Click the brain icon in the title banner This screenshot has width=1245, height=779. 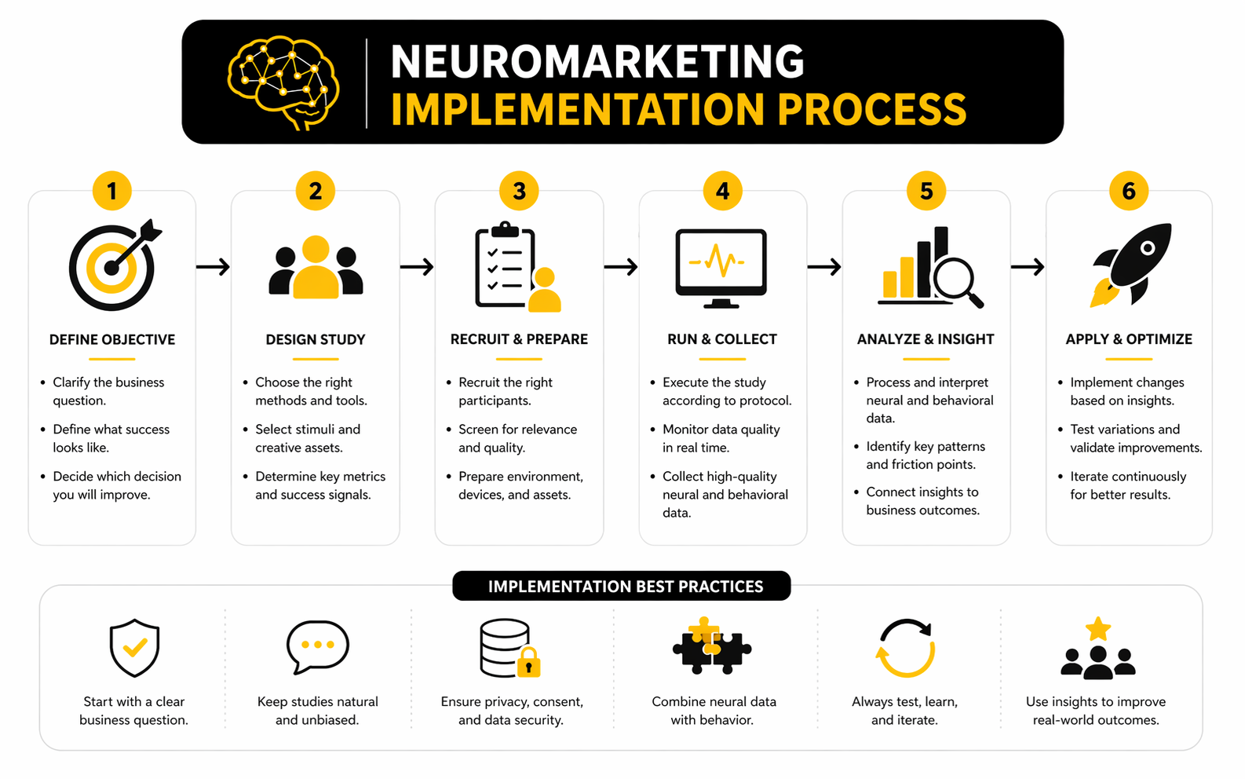pos(283,82)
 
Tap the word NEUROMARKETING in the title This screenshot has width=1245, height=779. pos(597,61)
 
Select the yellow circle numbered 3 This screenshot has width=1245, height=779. pos(519,191)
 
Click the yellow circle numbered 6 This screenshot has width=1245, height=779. pos(1129,191)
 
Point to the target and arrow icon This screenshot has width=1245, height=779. pos(115,265)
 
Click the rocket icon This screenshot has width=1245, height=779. pos(1132,264)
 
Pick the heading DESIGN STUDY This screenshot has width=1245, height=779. pos(316,339)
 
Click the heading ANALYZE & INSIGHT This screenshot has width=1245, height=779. pos(926,339)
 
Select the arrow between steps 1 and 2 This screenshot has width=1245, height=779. pos(213,267)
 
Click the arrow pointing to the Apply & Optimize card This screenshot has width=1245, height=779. pos(1028,267)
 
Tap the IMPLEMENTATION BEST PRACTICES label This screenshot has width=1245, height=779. pos(625,587)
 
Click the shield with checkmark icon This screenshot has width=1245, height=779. pos(134,647)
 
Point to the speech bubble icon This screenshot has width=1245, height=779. pos(317,646)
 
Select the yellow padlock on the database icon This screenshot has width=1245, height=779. pos(528,663)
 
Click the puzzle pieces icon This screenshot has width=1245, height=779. pos(711,646)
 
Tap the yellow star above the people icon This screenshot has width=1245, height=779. pos(1097,629)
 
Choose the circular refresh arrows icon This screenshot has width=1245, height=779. pos(905,648)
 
